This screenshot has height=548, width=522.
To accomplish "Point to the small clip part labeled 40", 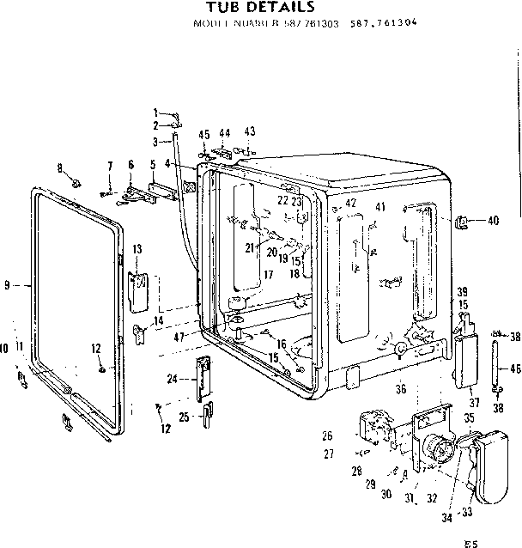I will coord(463,222).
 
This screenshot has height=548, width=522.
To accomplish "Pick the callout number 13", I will coord(137,248).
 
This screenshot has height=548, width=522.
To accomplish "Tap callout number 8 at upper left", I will coord(59,167).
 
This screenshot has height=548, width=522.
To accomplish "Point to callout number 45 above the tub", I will coord(204,134).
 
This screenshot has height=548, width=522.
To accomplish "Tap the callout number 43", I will coord(250,131).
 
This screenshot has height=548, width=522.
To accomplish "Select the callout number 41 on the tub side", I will coord(380,207).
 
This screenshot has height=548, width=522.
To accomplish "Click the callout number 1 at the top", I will coord(155,113).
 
